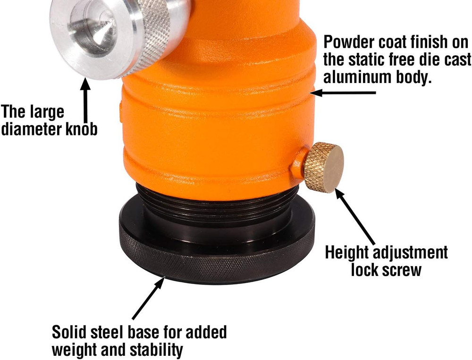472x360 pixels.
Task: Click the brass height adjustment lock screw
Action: click(x=324, y=167)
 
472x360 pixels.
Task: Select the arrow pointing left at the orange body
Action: click(x=343, y=92)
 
